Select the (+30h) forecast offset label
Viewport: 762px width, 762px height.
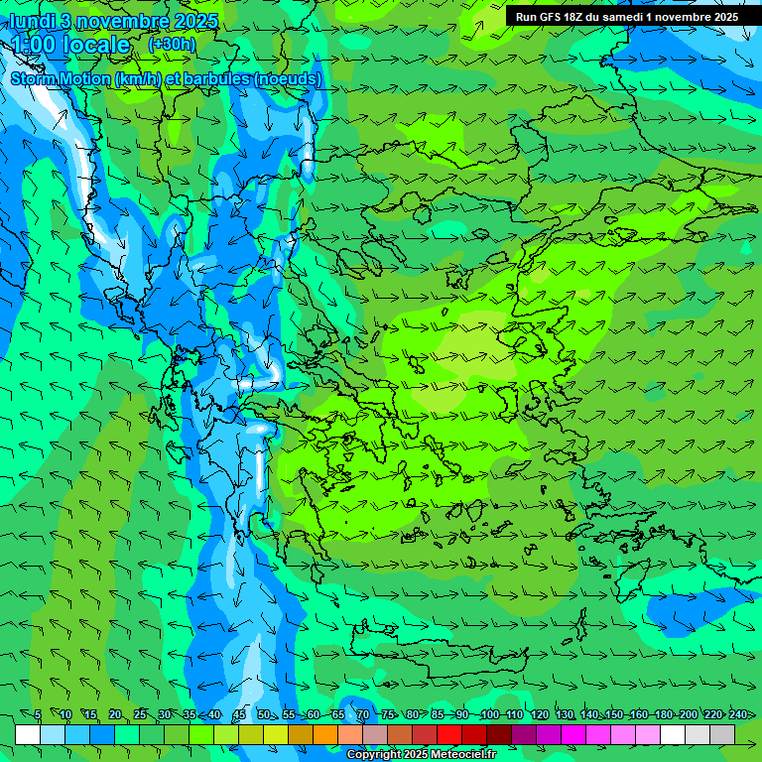tap(172, 45)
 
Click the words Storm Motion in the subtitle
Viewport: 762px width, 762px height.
tap(59, 78)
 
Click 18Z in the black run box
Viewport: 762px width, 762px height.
tap(573, 17)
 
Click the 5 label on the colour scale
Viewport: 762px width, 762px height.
tap(38, 715)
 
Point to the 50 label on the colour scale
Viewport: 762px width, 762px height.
tap(263, 715)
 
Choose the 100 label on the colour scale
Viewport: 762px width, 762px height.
tap(489, 715)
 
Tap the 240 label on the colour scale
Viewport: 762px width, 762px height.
tap(737, 715)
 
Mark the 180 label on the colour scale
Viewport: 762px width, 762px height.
tap(662, 715)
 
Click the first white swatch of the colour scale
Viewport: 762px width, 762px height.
tap(28, 734)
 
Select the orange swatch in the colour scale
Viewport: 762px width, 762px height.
tap(325, 734)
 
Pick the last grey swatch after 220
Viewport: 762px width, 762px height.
tap(722, 734)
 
